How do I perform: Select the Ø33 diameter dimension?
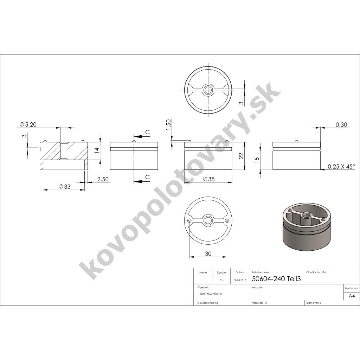pyautogui.click(x=65, y=186)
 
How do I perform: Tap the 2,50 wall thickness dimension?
pyautogui.click(x=103, y=179)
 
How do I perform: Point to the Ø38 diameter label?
pyautogui.click(x=208, y=179)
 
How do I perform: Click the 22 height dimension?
pyautogui.click(x=241, y=156)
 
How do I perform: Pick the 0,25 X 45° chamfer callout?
pyautogui.click(x=341, y=166)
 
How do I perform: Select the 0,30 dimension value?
pyautogui.click(x=341, y=125)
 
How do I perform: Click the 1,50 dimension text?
pyautogui.click(x=168, y=124)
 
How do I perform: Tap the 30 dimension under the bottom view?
pyautogui.click(x=208, y=253)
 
